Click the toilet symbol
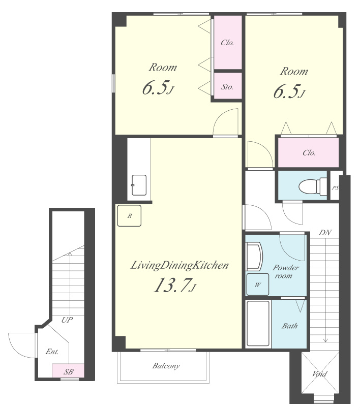(313, 186)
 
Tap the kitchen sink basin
(139, 185)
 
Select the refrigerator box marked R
(129, 216)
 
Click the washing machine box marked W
(258, 285)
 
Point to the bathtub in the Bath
(258, 324)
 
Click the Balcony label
(166, 366)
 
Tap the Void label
(319, 374)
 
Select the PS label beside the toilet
(336, 188)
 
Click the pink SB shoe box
(68, 371)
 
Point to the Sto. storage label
(227, 87)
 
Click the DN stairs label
(325, 233)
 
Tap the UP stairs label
(67, 320)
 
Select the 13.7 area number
(174, 285)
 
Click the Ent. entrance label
(52, 352)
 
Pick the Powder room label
(286, 272)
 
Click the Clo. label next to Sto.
(227, 43)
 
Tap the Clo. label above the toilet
(309, 153)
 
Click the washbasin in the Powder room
(254, 257)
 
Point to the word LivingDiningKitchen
(179, 265)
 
